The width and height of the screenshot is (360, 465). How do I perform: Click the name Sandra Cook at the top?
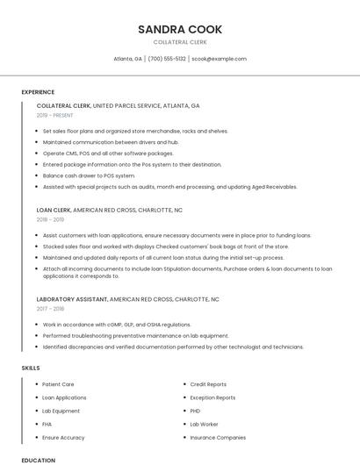click(x=179, y=29)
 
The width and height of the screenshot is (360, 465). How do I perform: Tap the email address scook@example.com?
click(x=219, y=59)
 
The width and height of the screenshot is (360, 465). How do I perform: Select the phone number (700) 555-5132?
click(x=167, y=59)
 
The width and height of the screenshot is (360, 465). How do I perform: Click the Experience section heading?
click(x=38, y=92)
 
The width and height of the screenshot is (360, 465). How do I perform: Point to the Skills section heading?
click(x=31, y=368)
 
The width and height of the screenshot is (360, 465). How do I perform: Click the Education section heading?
click(x=38, y=460)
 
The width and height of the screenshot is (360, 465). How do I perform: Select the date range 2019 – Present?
click(x=55, y=115)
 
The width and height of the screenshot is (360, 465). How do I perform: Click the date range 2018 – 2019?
click(x=56, y=219)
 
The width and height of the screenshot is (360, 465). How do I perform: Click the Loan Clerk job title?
click(x=54, y=211)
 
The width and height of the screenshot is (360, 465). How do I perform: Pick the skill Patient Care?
click(x=58, y=384)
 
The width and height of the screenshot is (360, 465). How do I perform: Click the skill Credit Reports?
click(x=208, y=384)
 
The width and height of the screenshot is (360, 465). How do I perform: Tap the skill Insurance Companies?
click(x=218, y=437)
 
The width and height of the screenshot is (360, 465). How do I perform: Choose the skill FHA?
click(x=47, y=424)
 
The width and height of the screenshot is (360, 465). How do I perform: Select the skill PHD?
click(x=196, y=411)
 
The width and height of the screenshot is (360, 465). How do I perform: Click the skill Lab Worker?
click(x=204, y=424)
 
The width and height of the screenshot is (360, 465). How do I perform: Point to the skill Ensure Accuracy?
click(x=63, y=437)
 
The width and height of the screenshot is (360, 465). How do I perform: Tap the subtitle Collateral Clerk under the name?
click(x=179, y=42)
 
